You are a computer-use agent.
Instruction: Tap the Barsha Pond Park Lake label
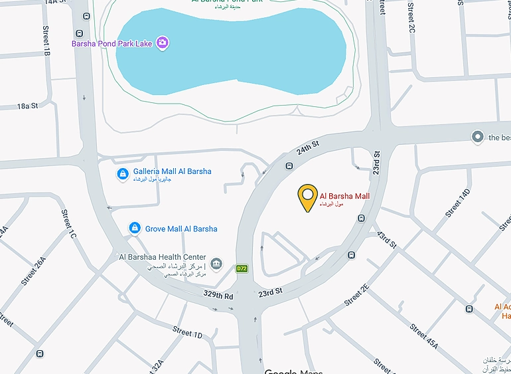[112, 44]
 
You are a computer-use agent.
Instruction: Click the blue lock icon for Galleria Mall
[123, 174]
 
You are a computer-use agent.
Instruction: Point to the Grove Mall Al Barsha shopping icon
[135, 229]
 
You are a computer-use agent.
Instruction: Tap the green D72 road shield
[242, 268]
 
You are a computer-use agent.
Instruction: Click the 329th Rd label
[218, 295]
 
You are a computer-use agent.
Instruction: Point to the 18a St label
[28, 106]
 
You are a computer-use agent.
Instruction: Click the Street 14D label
[457, 203]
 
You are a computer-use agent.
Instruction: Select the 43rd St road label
[386, 240]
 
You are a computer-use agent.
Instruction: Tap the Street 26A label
[33, 270]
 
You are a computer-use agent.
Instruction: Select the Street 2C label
[411, 18]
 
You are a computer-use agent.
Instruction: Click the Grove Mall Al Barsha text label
[182, 229]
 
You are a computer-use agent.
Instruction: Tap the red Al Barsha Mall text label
[344, 196]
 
